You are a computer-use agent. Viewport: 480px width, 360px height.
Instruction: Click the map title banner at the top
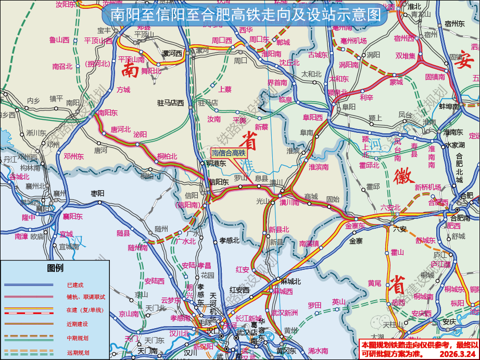tap(242, 15)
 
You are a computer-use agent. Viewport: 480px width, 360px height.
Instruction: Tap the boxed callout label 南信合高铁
tap(228, 153)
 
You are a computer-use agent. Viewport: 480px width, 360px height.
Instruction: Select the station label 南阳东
tap(108, 113)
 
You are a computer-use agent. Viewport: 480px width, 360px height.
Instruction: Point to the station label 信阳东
tap(219, 182)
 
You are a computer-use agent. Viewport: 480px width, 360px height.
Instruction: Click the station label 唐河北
tap(120, 129)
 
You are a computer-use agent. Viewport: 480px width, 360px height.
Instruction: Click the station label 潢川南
tap(289, 202)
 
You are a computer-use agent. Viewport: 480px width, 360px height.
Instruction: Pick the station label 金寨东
tap(355, 226)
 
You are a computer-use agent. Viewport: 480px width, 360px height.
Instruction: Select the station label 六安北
tap(390, 208)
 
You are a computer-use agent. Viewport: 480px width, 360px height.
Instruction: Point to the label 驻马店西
tap(171, 103)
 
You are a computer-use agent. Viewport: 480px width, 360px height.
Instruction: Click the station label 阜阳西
tap(313, 117)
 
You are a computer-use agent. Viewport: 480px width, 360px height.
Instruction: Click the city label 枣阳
tap(97, 193)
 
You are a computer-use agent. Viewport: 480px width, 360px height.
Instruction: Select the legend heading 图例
tap(55, 268)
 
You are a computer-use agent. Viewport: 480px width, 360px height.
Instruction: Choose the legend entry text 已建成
tap(75, 285)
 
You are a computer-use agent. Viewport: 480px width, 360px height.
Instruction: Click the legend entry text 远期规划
tap(78, 353)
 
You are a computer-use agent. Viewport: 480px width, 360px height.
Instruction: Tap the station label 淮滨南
tap(319, 167)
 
